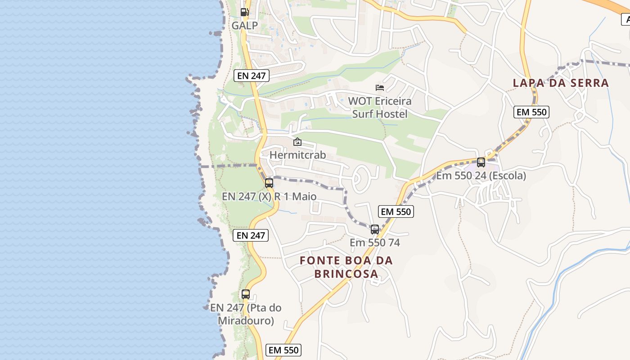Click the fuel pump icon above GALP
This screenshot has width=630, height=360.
coord(244,12)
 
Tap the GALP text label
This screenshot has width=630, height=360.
coord(245,26)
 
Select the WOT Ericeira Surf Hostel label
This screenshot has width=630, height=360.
coord(379,108)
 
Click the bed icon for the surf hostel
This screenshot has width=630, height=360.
coord(380,87)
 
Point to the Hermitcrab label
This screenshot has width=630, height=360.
coord(297,155)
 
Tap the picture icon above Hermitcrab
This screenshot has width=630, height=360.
coord(297,142)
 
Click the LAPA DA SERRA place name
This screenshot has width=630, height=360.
coord(561,83)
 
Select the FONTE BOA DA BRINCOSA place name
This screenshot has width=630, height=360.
coord(346,267)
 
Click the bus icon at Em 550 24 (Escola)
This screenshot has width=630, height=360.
coord(481,162)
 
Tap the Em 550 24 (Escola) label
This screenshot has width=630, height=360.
coord(481,175)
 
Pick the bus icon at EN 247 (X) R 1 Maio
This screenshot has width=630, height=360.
coord(269,183)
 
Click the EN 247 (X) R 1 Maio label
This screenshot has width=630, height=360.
coord(269,197)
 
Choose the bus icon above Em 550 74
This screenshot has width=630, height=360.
coord(375,229)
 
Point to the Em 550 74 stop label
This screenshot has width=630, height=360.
coord(375,243)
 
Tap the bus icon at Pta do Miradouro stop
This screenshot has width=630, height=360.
coord(246,294)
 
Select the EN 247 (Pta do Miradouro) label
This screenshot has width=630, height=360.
coord(246,314)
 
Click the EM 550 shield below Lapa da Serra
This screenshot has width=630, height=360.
coord(531,112)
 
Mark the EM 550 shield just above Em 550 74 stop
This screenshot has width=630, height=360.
coord(396,211)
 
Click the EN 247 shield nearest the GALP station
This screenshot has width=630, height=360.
coord(252,76)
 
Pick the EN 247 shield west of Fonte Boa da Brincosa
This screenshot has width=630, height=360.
coord(251,235)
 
